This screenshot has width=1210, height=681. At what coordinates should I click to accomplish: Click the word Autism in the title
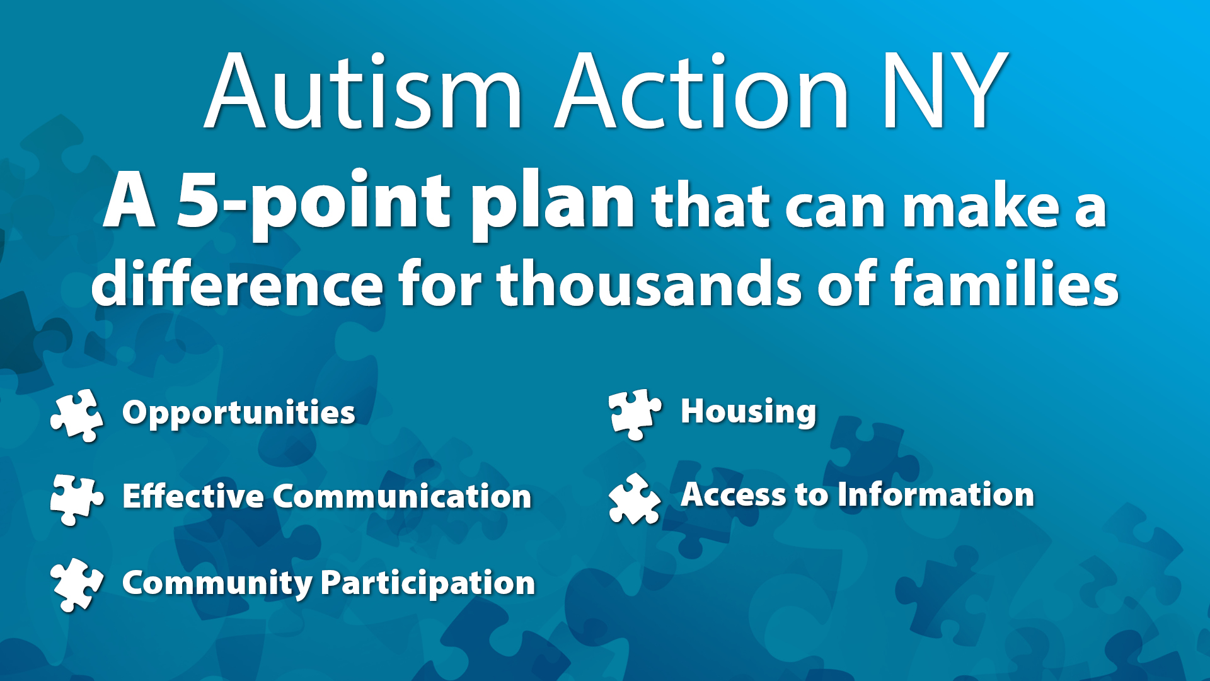364,91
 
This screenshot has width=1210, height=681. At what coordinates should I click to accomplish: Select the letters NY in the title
945,91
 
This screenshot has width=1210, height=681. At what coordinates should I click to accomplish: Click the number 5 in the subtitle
197,201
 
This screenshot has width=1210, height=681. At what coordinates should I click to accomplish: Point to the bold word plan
553,206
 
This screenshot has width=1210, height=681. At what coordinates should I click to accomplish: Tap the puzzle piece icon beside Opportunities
77,415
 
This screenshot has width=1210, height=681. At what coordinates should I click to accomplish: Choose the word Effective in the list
193,496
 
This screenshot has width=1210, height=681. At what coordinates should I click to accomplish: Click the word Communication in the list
402,496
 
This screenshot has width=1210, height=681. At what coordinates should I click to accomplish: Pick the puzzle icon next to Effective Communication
77,499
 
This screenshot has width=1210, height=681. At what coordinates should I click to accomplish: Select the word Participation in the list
428,583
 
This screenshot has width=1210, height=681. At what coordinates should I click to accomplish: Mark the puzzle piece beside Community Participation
77,585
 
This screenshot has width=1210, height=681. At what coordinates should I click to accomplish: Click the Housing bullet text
749,412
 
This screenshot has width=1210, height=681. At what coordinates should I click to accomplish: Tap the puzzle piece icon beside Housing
635,414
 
